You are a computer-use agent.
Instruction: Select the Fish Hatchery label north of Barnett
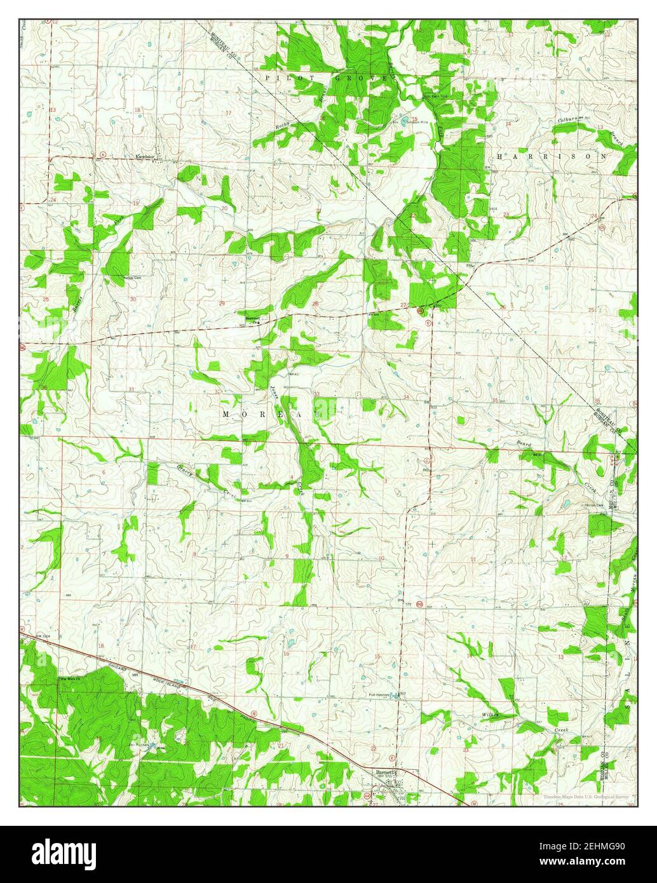point(381,695)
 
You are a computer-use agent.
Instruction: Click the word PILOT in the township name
point(281,77)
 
